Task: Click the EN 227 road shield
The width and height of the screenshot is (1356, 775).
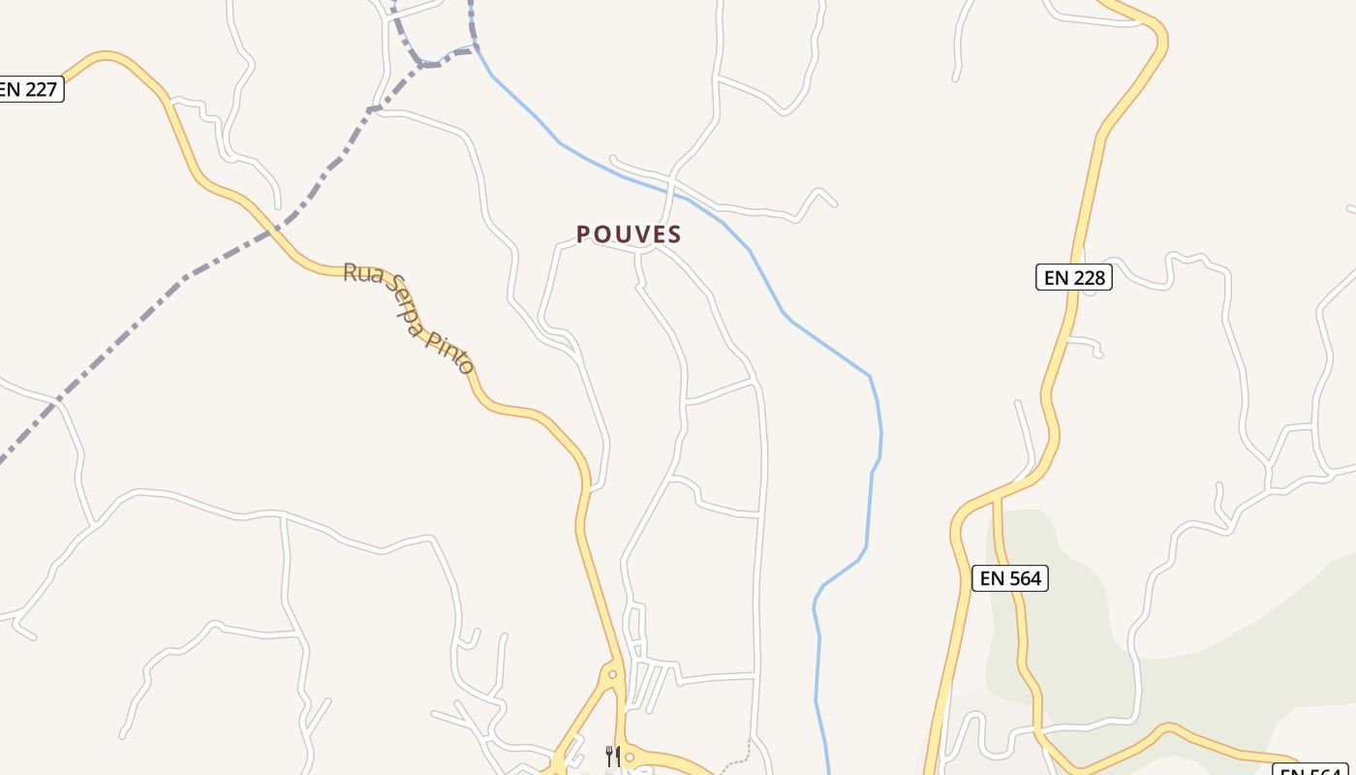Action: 30,90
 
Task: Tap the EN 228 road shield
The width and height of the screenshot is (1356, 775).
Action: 1074,277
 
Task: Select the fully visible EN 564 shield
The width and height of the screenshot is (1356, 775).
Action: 1010,578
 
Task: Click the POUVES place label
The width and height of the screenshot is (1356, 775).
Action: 630,234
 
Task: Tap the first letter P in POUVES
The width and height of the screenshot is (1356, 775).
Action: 583,234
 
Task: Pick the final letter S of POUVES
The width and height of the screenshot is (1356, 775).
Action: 675,234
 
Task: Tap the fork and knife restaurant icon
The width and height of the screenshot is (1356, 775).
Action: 612,756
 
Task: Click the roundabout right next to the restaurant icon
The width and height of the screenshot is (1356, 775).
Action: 631,757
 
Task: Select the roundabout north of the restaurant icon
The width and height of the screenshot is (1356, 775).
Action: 612,673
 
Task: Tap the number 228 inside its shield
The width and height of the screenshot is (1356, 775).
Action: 1087,277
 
